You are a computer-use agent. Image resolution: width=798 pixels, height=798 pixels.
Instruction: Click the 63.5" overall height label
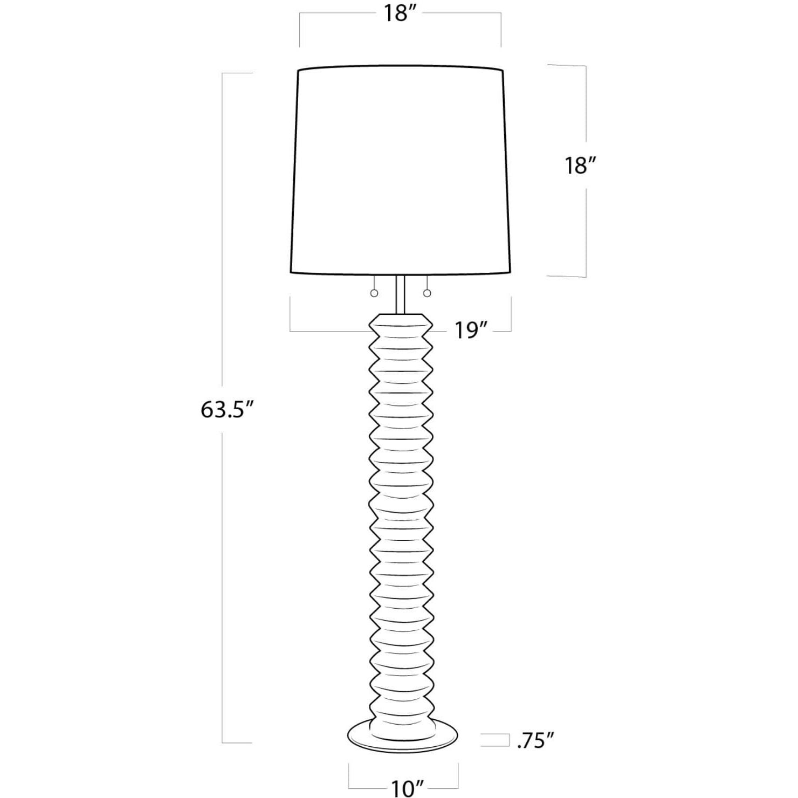(227, 410)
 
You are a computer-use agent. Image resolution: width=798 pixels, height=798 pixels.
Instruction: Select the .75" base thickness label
(535, 740)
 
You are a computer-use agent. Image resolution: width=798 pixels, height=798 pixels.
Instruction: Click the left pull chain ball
(374, 293)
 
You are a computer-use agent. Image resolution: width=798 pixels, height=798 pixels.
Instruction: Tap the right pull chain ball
(428, 293)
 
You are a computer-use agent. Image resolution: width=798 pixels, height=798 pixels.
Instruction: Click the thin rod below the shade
(401, 294)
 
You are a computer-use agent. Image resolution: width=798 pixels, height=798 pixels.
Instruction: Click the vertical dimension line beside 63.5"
(223, 539)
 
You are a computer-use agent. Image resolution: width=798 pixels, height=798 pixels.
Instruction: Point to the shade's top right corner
(502, 71)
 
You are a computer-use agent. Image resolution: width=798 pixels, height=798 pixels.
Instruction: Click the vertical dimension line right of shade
(586, 226)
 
